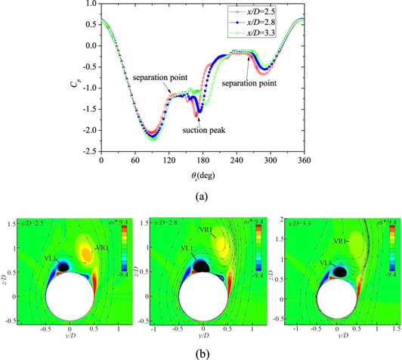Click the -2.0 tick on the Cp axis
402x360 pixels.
[90, 131]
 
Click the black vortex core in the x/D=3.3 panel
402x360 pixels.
[341, 271]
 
